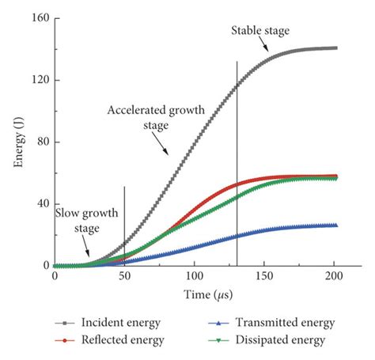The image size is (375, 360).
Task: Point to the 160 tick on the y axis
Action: pos(38,18)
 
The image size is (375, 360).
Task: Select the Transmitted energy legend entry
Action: pos(269,323)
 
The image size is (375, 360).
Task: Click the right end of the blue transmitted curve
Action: pos(335,225)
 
